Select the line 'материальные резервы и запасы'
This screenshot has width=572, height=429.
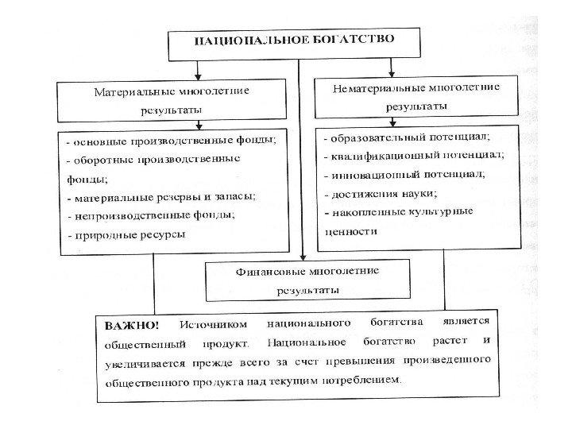pyautogui.click(x=165, y=196)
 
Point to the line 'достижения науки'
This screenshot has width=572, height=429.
pyautogui.click(x=381, y=193)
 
